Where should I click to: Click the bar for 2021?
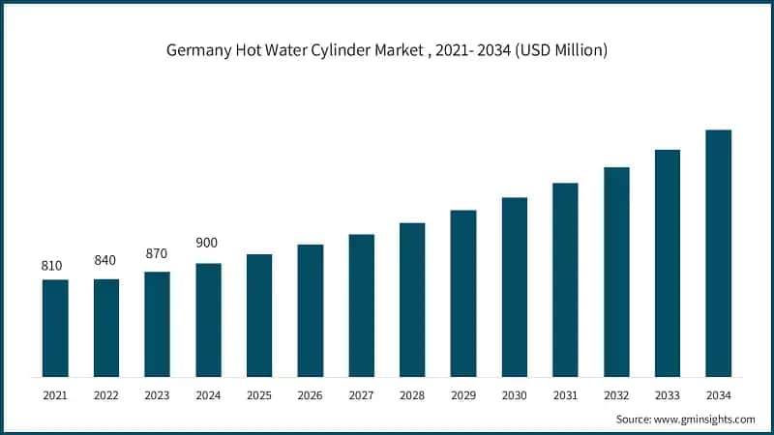coord(55,328)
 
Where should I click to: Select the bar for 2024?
coord(208,320)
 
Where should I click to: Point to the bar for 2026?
coord(310,310)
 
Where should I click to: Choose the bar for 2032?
coord(616,272)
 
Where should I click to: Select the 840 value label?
coord(105,260)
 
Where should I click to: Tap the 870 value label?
coord(157,253)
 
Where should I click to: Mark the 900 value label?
coord(208,243)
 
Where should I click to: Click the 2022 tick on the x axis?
coord(105,394)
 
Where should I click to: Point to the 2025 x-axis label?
coord(259,394)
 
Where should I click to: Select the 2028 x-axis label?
coord(412,394)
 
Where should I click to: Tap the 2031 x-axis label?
coord(565,394)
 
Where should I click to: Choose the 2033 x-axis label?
coord(668,394)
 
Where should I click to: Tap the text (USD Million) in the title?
coord(560,51)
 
